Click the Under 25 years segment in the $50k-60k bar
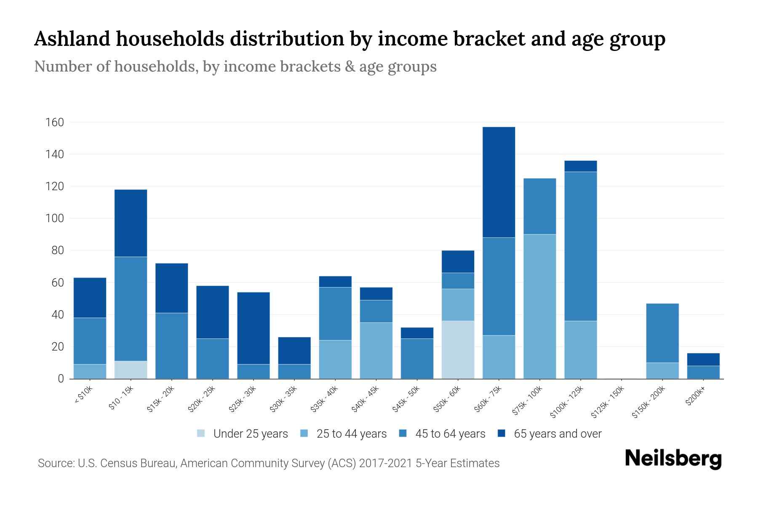458,350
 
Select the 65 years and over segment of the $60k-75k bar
499,182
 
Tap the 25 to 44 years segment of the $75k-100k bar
539,306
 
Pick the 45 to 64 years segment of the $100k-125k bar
580,246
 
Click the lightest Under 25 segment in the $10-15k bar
131,370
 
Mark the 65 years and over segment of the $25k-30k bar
254,328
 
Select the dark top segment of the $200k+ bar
703,359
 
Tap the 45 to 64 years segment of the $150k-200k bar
662,333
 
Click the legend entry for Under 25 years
250,434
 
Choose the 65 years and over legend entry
557,434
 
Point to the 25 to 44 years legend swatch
304,433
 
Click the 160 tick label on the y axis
55,122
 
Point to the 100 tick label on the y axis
55,218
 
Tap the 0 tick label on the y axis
61,379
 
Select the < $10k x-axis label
83,396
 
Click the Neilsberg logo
673,459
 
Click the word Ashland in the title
71,39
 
